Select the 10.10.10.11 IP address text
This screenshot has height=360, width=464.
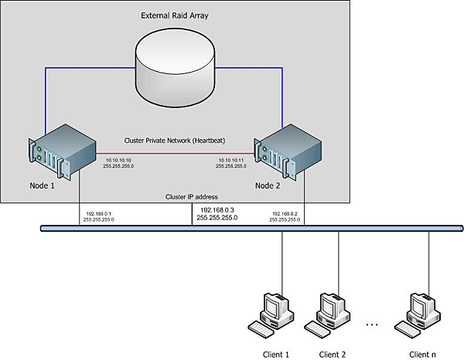[230, 159]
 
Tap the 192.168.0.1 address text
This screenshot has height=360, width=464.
[98, 213]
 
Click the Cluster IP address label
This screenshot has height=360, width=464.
[194, 197]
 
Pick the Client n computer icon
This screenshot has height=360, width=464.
[422, 312]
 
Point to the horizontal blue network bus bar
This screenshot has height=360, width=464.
[232, 228]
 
